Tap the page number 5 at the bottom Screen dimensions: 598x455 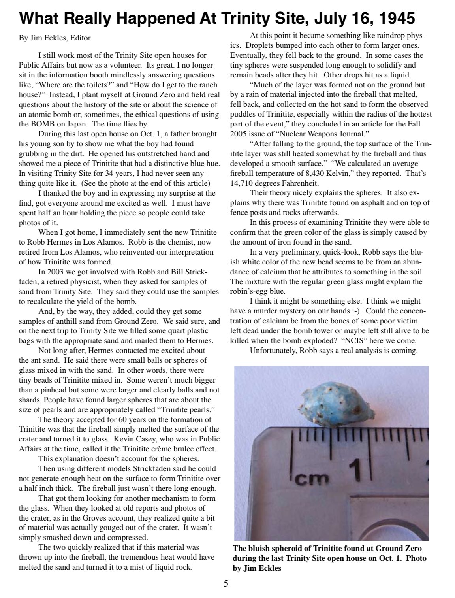[x=226, y=584]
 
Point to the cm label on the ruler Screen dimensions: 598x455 [x=313, y=479]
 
